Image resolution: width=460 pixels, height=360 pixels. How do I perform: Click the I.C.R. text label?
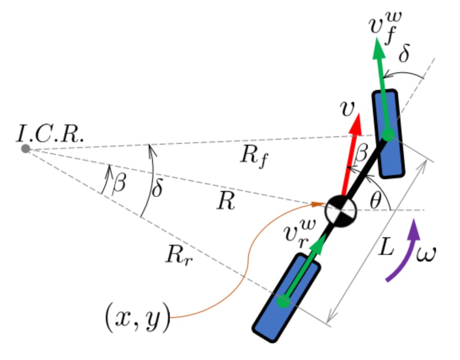tap(50, 134)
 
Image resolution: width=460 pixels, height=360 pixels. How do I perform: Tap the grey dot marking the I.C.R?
tap(26, 148)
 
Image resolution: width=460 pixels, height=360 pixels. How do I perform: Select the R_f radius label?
tap(254, 156)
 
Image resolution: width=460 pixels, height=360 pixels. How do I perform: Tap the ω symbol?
tap(426, 254)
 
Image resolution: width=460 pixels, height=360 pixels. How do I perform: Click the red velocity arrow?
tap(352, 156)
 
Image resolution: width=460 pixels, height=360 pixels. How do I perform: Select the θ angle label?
tap(375, 201)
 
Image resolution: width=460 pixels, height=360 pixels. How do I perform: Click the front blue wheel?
tap(388, 133)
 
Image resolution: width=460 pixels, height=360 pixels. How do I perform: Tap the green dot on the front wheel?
tap(388, 135)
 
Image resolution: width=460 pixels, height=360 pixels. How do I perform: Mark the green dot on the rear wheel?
tap(283, 301)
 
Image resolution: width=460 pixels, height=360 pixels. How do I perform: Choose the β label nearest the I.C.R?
tap(119, 184)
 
